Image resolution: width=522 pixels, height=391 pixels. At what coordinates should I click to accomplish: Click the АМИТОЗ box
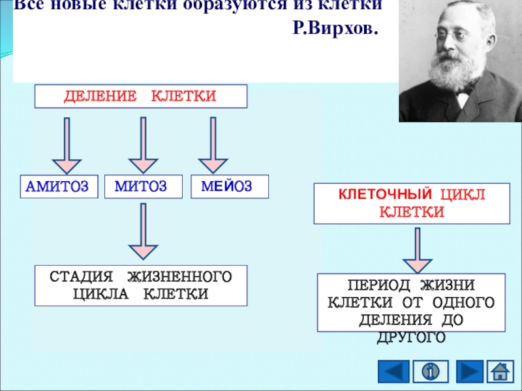point(57,187)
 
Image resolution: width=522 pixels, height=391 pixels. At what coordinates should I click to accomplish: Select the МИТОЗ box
point(140,187)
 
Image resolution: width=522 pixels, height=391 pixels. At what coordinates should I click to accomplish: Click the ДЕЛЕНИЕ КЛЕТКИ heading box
point(140,96)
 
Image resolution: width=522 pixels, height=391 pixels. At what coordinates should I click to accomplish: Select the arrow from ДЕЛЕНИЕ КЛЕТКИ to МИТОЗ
point(143,145)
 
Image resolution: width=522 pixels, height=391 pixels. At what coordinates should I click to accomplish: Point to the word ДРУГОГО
point(411,338)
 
